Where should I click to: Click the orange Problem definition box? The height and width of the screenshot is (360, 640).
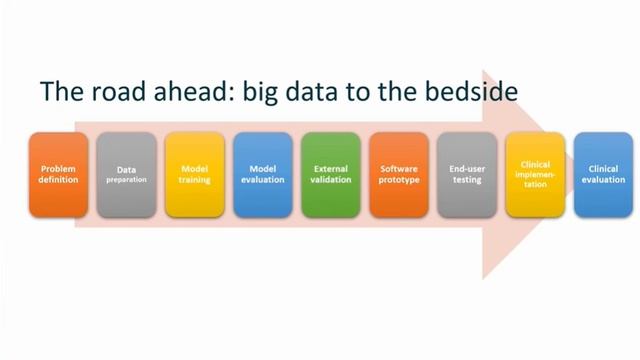pyautogui.click(x=58, y=175)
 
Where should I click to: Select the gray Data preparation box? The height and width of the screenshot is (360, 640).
pyautogui.click(x=126, y=175)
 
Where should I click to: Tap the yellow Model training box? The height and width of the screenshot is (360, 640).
pyautogui.click(x=194, y=175)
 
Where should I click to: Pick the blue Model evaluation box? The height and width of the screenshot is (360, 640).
pyautogui.click(x=263, y=175)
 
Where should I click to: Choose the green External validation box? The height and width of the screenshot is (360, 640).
pyautogui.click(x=331, y=175)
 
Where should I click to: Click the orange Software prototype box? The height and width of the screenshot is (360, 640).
pyautogui.click(x=399, y=175)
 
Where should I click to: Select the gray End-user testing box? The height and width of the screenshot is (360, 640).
pyautogui.click(x=467, y=175)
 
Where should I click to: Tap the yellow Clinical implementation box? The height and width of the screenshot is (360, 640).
pyautogui.click(x=535, y=175)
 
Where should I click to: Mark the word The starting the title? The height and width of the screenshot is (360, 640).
pyautogui.click(x=58, y=92)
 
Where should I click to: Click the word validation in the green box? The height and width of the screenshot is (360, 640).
pyautogui.click(x=331, y=181)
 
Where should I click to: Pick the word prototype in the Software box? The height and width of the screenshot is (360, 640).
pyautogui.click(x=399, y=181)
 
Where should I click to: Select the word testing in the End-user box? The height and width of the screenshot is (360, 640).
pyautogui.click(x=467, y=181)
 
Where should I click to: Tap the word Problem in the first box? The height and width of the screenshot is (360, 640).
pyautogui.click(x=58, y=169)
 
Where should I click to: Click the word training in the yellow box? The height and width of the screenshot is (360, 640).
pyautogui.click(x=194, y=181)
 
